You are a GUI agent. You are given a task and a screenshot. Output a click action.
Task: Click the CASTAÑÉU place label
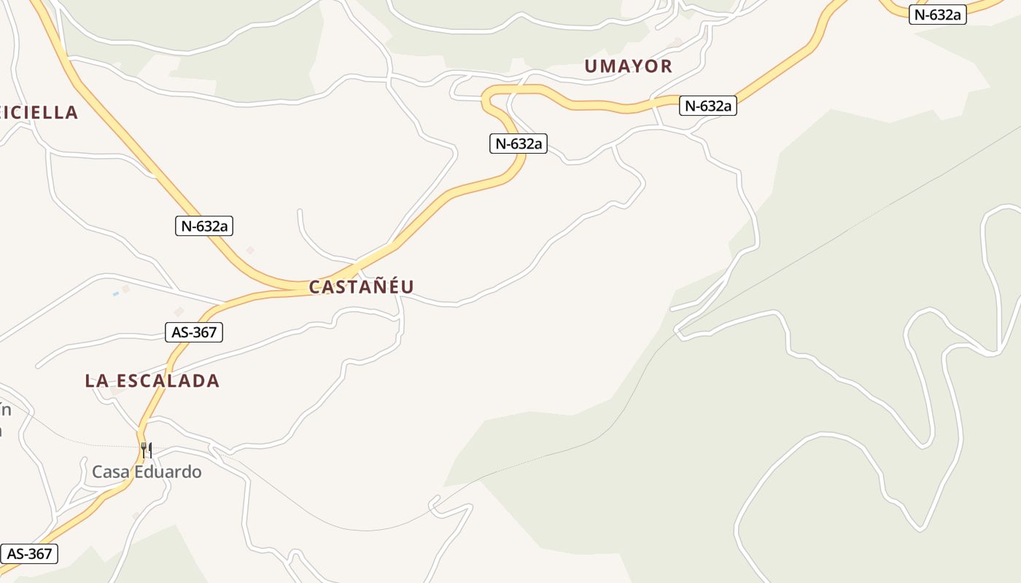361,287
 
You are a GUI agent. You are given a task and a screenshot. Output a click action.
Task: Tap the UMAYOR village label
628,66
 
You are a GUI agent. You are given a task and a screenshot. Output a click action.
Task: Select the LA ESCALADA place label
152,380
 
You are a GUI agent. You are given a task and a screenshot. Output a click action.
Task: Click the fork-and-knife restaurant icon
147,450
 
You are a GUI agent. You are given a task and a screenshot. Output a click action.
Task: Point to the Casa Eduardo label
147,472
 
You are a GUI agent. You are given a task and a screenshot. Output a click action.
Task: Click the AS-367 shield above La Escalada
193,332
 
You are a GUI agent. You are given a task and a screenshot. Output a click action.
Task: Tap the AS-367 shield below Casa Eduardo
29,554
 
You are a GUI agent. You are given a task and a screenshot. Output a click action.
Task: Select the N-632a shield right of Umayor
707,106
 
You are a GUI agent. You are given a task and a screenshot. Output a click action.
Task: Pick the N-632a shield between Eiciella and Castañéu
205,226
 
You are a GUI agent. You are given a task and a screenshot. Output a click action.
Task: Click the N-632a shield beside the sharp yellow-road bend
518,144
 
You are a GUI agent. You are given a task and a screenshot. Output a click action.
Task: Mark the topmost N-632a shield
937,15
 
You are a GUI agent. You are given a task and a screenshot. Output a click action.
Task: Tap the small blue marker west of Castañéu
115,294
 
